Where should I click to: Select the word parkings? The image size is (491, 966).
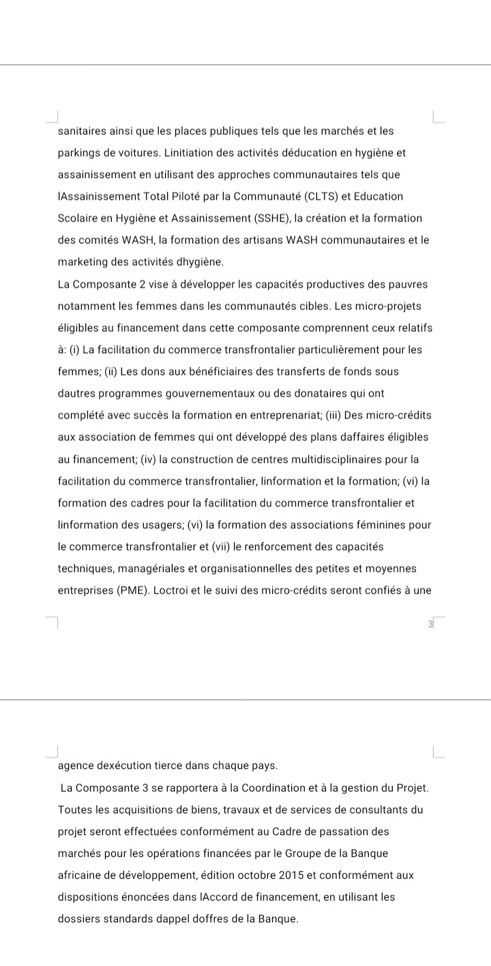tap(79, 153)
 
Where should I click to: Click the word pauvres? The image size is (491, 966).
tap(409, 284)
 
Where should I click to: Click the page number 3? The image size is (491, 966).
tap(430, 624)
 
